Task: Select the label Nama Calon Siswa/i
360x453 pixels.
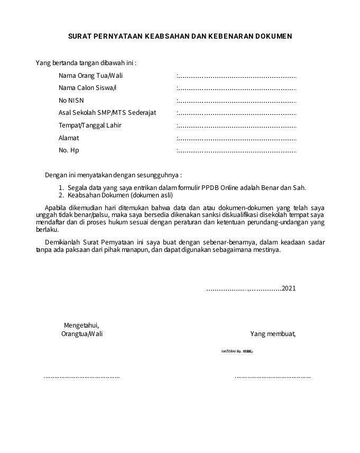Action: [87, 88]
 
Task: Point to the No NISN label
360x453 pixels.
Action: [71, 101]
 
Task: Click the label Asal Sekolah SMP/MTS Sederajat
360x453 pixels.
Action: [107, 113]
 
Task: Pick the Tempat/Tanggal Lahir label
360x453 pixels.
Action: [90, 125]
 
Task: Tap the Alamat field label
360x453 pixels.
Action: [69, 138]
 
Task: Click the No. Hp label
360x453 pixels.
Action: [69, 150]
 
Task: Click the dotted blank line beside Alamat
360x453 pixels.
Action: [236, 139]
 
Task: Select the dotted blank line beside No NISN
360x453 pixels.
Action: [236, 101]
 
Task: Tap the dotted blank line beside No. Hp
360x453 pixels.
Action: [236, 151]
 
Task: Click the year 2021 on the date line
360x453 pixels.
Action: [289, 288]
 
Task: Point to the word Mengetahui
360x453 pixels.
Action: [81, 325]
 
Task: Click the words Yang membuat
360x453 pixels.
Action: [273, 334]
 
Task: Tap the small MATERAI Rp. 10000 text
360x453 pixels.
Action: [237, 351]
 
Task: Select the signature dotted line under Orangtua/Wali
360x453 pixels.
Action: [81, 377]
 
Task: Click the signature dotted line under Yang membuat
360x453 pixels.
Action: [273, 377]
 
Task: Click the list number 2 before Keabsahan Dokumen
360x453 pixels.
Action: [61, 195]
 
